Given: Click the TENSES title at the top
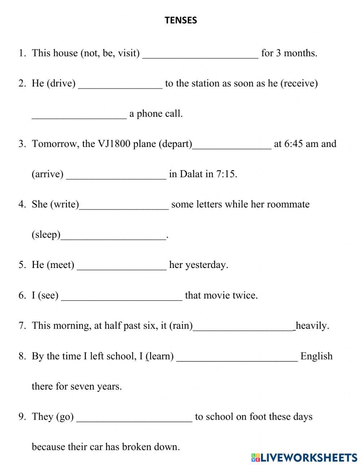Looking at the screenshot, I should pos(181,21).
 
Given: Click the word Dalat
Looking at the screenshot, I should pos(191,174).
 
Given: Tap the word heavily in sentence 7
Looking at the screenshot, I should pos(312,326).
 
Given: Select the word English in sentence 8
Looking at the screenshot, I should pos(316,356).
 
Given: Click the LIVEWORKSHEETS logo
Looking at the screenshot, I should pos(304,457).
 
